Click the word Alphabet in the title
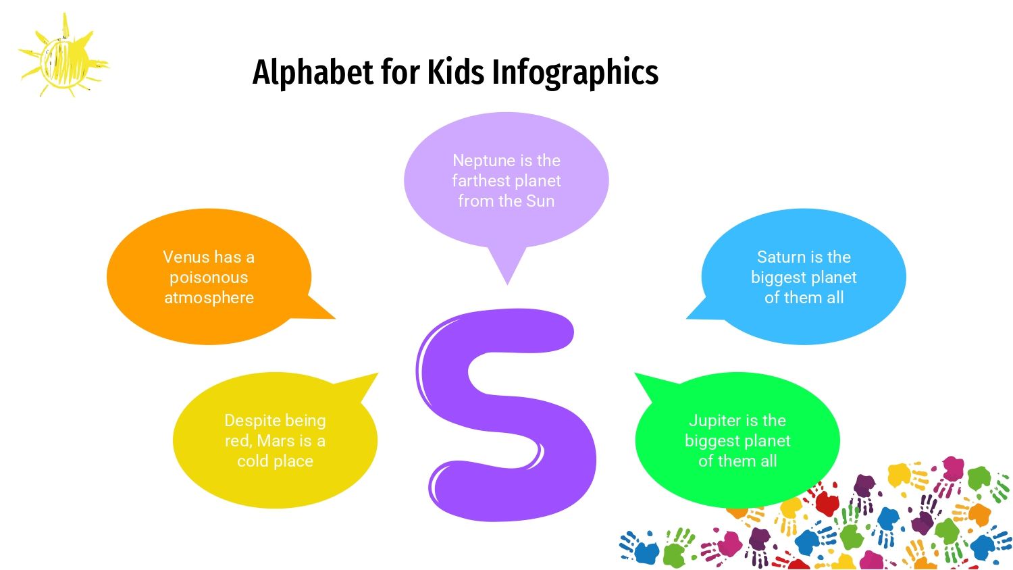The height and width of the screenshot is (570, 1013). pos(313,72)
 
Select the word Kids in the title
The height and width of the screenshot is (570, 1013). pos(456,72)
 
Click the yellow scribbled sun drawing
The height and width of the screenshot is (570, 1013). pos(63,56)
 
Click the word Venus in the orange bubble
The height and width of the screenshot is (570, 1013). pos(186,257)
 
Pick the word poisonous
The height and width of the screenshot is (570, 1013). pos(209,278)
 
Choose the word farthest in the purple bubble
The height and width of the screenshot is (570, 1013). pos(479,181)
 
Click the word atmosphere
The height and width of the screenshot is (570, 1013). pos(209,298)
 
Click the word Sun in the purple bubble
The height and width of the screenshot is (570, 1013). pos(540,201)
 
